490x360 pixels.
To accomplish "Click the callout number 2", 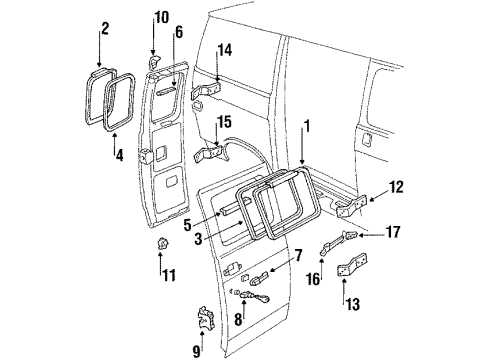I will click(102, 33).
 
